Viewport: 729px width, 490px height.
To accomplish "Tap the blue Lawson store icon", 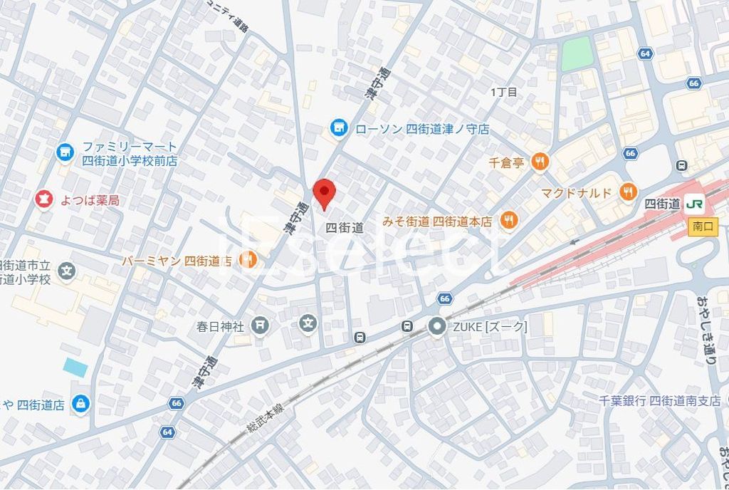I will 339,128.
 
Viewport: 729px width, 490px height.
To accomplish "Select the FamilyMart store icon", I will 65,152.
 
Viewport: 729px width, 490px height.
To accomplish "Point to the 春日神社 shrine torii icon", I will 261,325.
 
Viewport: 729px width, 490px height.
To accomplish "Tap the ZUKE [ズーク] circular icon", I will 436,326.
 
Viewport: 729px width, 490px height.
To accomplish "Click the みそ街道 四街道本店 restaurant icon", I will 508,221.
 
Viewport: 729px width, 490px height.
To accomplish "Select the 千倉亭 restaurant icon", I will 540,162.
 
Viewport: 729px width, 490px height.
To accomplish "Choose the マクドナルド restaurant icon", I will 627,192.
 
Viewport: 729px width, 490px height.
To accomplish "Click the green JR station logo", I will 696,204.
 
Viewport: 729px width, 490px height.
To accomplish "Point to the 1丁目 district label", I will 504,92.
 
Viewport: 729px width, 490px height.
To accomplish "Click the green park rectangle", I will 577,54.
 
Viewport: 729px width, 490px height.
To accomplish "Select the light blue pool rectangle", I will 75,367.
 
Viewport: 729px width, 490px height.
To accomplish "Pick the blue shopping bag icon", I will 82,404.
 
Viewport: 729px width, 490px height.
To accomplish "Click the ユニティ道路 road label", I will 226,19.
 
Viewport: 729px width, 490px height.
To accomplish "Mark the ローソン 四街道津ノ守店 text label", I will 422,129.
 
